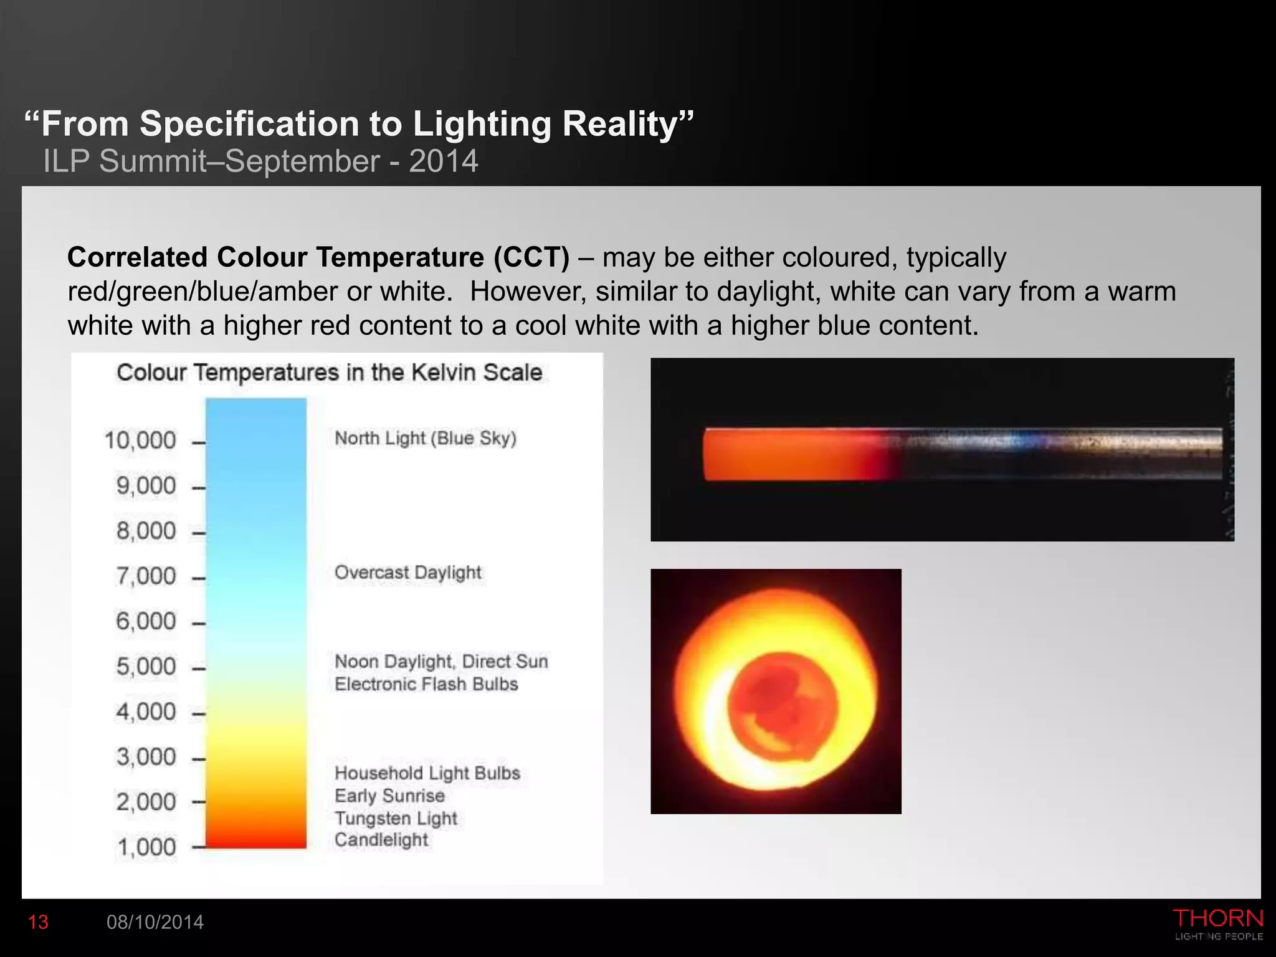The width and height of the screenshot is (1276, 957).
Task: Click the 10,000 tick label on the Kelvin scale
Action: [x=140, y=440]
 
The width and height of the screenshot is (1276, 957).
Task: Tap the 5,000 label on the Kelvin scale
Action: [x=146, y=667]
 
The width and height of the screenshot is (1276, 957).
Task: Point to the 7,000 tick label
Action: [x=146, y=576]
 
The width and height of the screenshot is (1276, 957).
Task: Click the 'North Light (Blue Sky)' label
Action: [x=426, y=439]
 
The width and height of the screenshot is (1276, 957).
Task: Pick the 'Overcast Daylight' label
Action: [x=408, y=573]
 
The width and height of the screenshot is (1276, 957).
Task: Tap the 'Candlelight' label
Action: [x=381, y=840]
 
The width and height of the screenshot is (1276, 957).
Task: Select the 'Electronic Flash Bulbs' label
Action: [x=426, y=684]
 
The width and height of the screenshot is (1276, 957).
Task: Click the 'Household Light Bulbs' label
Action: [x=427, y=773]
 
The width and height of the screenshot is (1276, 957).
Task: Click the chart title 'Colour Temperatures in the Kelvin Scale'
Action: [x=330, y=373]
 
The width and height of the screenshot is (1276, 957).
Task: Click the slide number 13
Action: [x=38, y=922]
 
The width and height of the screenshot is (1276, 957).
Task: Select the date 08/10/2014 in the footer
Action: [x=155, y=922]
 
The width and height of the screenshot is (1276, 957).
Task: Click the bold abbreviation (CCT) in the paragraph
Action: [x=531, y=257]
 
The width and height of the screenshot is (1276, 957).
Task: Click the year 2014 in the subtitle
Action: [x=444, y=161]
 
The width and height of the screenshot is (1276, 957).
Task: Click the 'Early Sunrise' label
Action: [x=389, y=796]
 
